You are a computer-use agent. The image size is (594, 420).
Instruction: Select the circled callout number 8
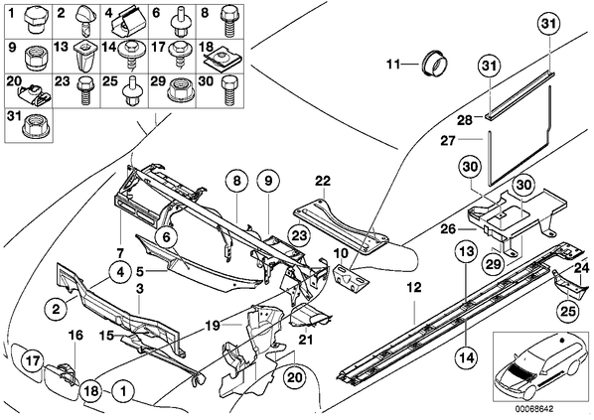(236, 181)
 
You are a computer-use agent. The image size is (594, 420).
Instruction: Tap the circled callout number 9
(268, 181)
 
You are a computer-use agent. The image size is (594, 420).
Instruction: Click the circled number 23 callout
(299, 235)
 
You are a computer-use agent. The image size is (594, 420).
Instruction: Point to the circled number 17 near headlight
(33, 360)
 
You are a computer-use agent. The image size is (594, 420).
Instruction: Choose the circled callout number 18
(91, 390)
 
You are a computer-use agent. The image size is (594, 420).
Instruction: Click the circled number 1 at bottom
(123, 390)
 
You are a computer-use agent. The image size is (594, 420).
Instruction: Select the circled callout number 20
(295, 377)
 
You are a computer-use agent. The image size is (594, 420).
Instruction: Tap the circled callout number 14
(467, 356)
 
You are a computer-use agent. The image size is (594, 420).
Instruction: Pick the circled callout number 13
(467, 251)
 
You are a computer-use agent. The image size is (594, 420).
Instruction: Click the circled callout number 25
(568, 311)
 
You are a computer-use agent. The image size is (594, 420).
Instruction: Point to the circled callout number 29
(494, 264)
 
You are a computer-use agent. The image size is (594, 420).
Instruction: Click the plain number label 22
(322, 181)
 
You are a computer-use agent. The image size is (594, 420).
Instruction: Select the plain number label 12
(415, 288)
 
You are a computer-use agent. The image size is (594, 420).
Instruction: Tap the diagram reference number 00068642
(533, 409)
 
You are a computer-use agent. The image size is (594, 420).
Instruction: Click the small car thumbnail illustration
(540, 366)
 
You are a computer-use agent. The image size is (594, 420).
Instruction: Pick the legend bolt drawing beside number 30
(227, 91)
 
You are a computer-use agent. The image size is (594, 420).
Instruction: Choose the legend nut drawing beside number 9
(35, 59)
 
